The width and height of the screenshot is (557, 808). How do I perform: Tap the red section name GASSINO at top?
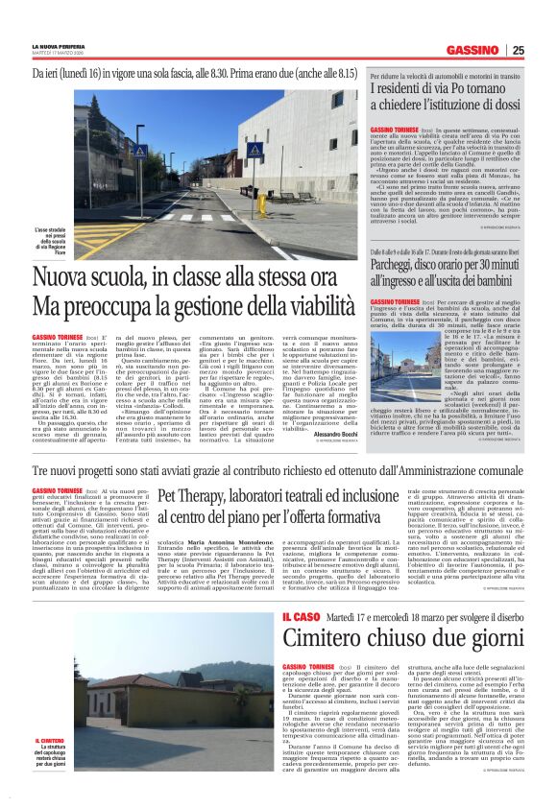(471, 51)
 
